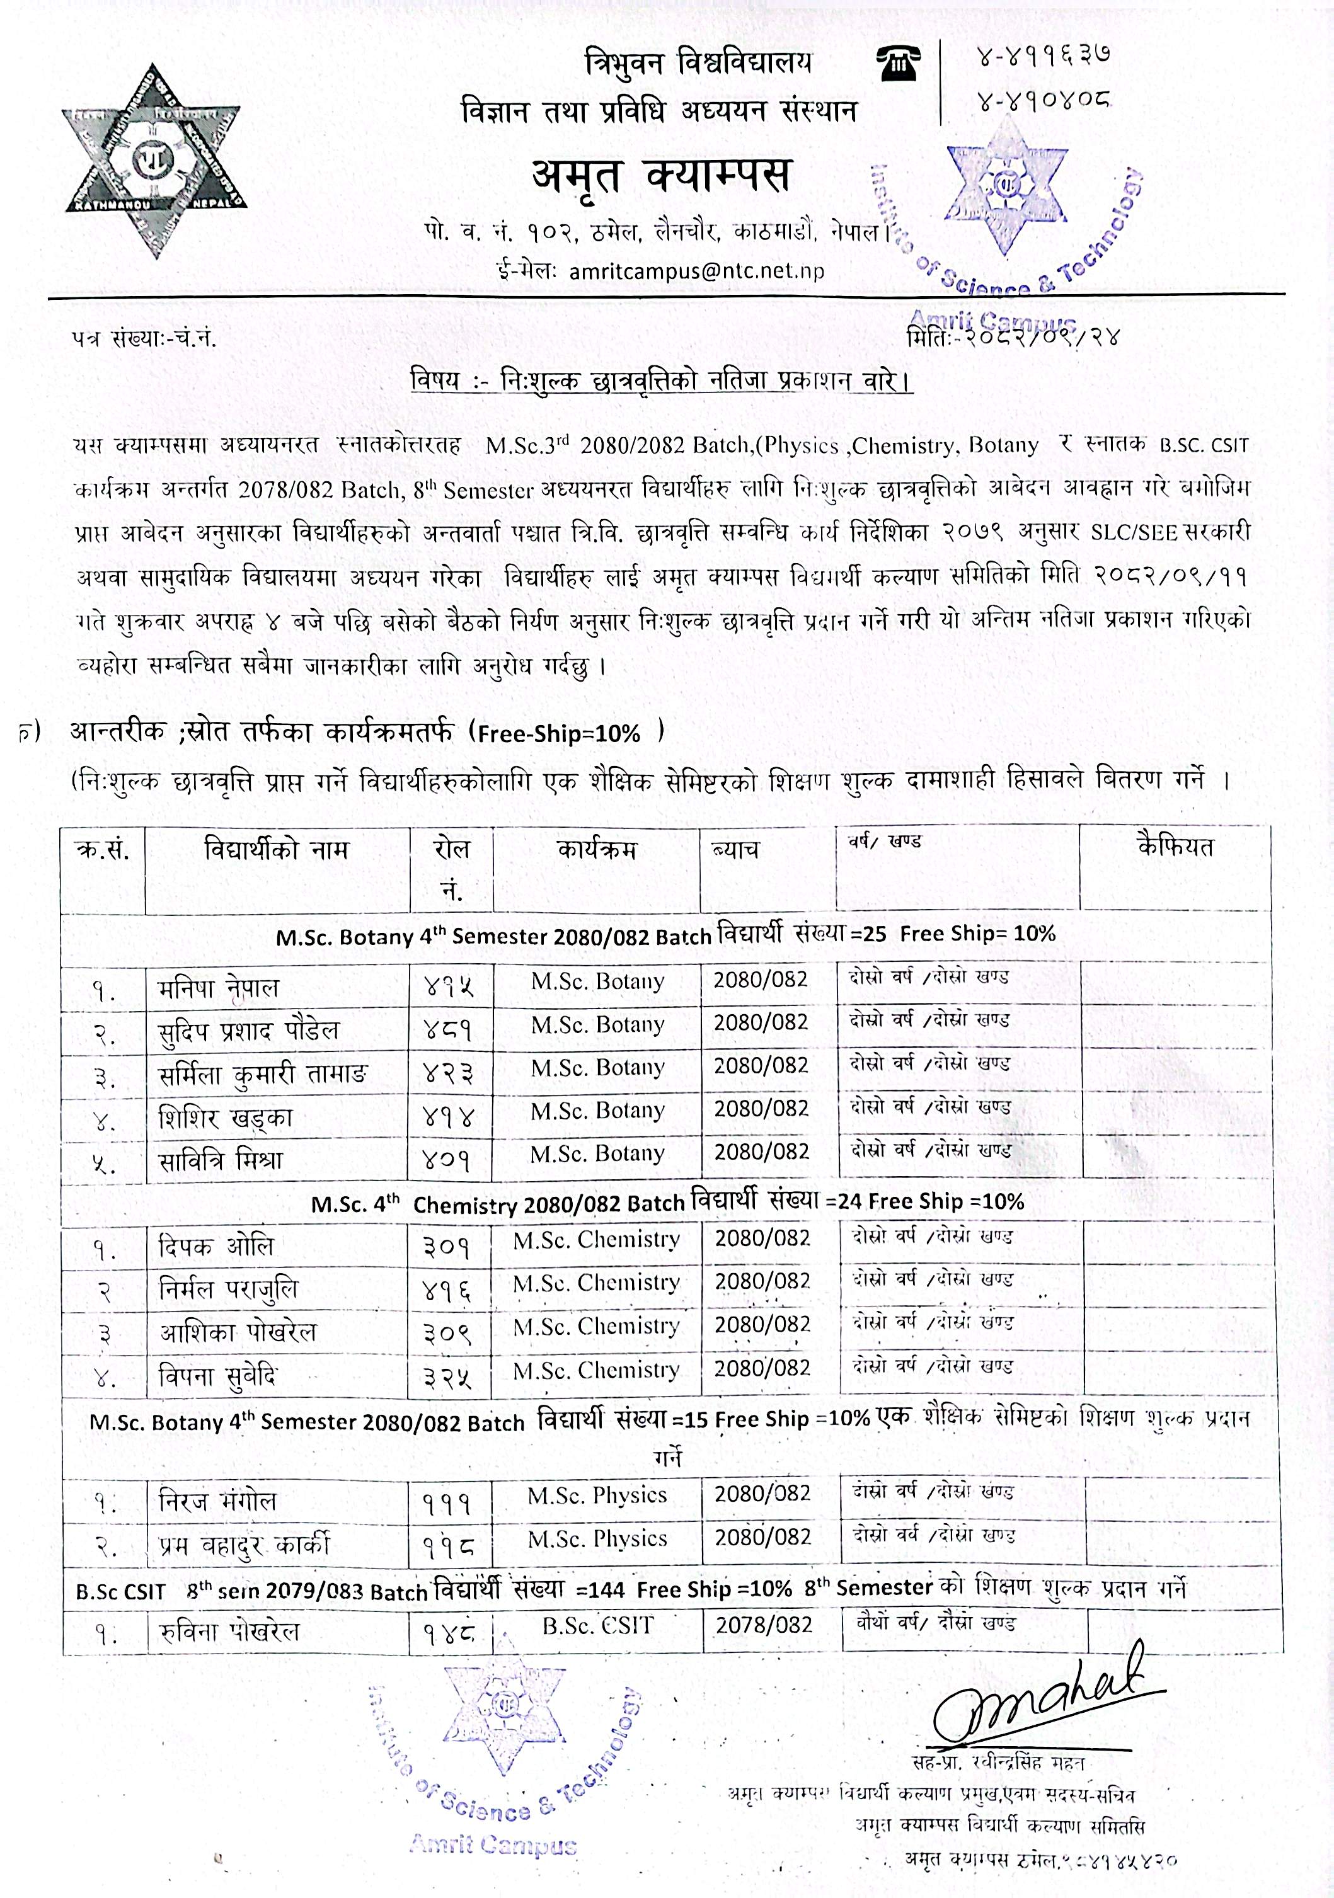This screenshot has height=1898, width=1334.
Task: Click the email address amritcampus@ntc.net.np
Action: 696,271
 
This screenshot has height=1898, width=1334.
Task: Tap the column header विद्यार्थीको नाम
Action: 276,849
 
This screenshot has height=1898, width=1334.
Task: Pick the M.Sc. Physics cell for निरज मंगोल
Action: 597,1495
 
